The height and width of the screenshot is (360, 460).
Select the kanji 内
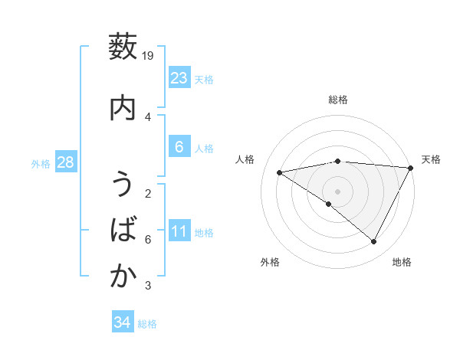coord(123,108)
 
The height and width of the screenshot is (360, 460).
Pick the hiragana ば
coord(123,231)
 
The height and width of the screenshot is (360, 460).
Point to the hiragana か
coord(123,277)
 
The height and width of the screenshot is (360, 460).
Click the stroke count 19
coord(149,56)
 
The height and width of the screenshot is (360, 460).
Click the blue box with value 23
coord(179,78)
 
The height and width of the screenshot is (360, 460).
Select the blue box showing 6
coord(179,147)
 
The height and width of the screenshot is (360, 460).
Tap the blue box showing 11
coord(179,231)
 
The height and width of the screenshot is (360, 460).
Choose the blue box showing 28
coord(65,163)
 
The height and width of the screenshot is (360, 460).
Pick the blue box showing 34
coord(123,322)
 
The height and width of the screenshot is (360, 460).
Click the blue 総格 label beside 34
coord(147,324)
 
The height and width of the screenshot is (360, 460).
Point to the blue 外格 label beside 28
coord(41,164)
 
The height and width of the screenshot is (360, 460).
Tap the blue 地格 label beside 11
coord(204,233)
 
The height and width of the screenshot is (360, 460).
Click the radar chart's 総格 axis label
coord(337,100)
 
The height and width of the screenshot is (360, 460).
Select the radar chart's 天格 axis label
coord(431,159)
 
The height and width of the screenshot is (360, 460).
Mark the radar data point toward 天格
coord(411,167)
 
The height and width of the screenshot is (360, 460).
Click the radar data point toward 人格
coord(280,172)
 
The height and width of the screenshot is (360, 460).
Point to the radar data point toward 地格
coord(374,242)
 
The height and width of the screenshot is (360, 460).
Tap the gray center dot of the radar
coord(337,191)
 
